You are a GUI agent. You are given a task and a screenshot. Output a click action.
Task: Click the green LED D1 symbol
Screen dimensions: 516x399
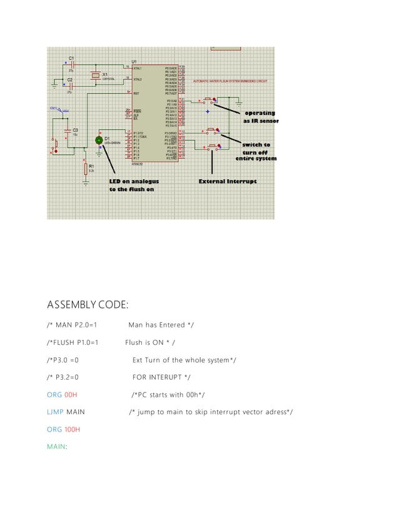(99, 140)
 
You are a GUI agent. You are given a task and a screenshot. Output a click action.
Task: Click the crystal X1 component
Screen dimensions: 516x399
(94, 76)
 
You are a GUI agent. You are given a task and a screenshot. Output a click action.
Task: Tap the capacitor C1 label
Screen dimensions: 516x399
(71, 57)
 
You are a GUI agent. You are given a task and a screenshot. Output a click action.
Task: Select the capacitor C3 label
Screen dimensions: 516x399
(74, 129)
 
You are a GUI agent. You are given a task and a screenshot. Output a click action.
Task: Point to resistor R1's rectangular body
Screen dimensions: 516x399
(86, 168)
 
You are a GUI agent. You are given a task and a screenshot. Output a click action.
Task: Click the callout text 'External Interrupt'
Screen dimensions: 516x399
(227, 181)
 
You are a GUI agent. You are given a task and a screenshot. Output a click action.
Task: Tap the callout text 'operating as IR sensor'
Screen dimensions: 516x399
(260, 117)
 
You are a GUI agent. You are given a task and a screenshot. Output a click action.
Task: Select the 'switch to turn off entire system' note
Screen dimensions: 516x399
(256, 151)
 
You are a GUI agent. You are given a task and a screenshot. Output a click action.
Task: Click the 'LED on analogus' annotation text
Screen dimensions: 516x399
(134, 181)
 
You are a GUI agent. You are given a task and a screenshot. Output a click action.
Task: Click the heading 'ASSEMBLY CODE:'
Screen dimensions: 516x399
(88, 305)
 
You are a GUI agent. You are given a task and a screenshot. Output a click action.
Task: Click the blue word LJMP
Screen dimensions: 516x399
(55, 412)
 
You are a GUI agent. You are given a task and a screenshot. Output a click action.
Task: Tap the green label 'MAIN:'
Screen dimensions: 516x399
(58, 446)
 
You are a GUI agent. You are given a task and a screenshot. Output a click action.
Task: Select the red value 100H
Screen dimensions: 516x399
(72, 429)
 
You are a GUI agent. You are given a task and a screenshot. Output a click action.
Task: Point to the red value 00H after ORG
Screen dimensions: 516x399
(71, 395)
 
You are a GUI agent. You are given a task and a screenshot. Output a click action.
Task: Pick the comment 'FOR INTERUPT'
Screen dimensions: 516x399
(161, 377)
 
